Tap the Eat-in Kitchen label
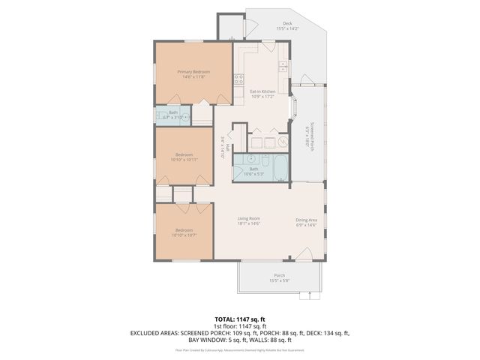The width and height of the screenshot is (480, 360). [262, 91]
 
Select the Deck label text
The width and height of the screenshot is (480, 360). [286, 23]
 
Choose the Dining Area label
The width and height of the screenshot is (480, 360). [307, 219]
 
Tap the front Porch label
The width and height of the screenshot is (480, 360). [279, 275]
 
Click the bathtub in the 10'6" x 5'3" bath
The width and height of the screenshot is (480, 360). [279, 170]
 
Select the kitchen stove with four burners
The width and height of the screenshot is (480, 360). [238, 79]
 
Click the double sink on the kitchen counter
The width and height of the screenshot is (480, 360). [283, 66]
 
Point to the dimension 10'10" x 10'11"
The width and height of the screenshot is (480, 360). [184, 159]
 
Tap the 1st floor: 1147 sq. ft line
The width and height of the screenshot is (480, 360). [240, 326]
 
